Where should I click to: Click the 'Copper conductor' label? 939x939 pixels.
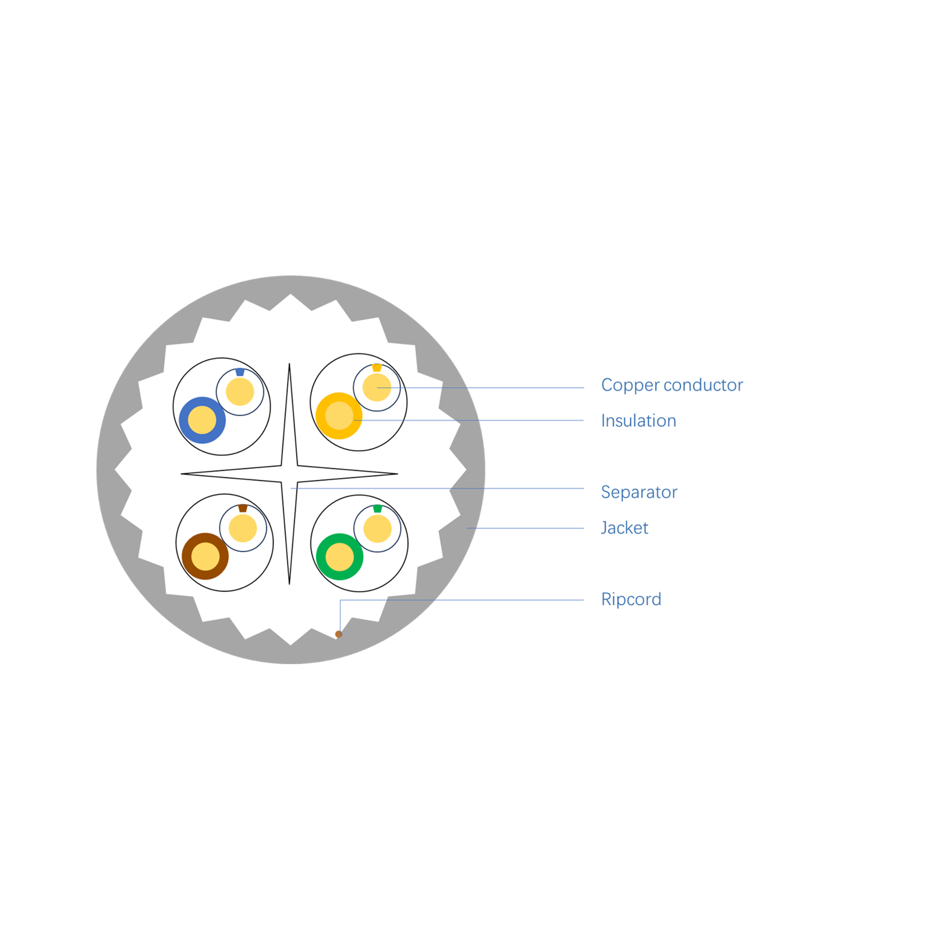(672, 385)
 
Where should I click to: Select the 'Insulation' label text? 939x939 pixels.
(638, 421)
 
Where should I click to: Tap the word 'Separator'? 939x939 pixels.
(638, 492)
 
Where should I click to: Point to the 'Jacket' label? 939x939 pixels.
(624, 528)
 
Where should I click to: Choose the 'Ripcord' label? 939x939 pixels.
(631, 599)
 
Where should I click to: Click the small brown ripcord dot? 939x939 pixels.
(339, 634)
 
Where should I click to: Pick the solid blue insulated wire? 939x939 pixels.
(202, 420)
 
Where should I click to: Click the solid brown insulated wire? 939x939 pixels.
(205, 556)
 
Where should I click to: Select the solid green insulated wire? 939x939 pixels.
(340, 556)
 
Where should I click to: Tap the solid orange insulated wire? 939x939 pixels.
(339, 415)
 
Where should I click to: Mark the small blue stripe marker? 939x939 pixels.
(240, 372)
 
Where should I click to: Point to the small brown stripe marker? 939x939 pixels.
(242, 508)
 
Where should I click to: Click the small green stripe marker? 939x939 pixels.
(377, 509)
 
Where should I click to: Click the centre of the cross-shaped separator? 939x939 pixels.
(289, 474)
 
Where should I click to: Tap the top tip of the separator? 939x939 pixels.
(289, 364)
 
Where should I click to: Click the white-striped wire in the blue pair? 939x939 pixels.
(240, 392)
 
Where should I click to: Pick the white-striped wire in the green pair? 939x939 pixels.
(378, 529)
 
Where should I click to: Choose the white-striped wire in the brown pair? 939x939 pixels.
(243, 528)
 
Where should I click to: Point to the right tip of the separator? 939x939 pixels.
(397, 474)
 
